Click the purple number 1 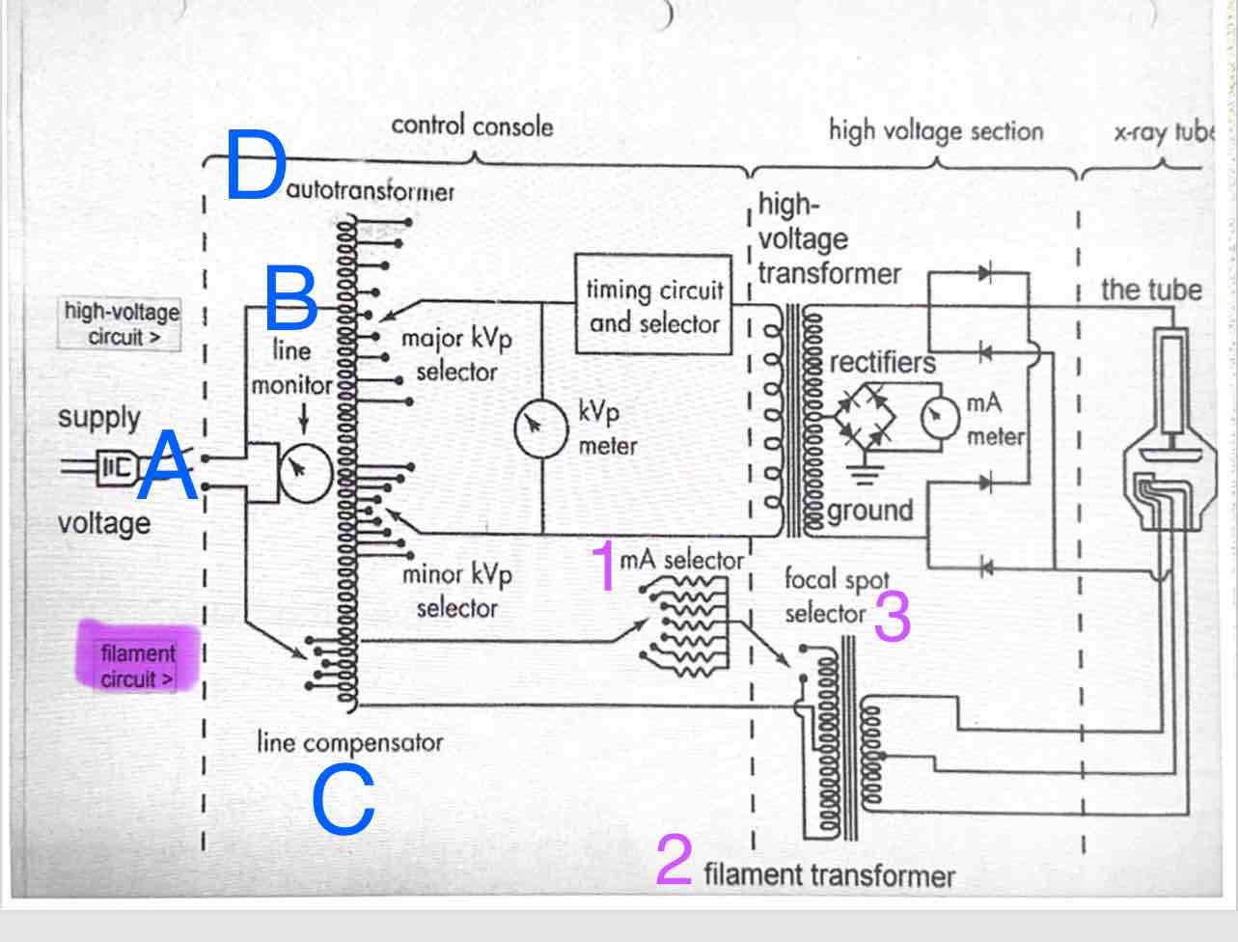click(x=604, y=567)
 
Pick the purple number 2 click(x=674, y=860)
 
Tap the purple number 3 click(x=892, y=617)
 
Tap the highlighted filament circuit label click(x=138, y=666)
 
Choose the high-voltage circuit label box click(x=120, y=324)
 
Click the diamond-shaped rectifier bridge click(x=864, y=415)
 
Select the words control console click(x=472, y=126)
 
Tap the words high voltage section click(x=935, y=131)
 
